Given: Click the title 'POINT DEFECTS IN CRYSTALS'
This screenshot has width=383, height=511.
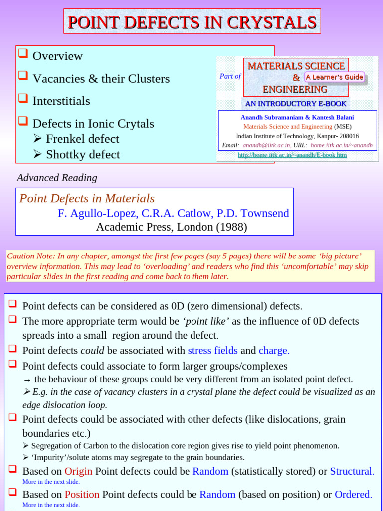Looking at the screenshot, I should [x=192, y=22].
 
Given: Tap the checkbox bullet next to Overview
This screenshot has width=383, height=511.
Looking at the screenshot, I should [x=22, y=54].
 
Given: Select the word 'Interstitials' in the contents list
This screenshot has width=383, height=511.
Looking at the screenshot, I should [x=61, y=101].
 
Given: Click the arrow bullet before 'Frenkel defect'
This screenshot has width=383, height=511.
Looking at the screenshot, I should [x=38, y=139].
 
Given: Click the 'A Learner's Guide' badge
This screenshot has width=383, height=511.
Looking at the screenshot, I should [x=334, y=77].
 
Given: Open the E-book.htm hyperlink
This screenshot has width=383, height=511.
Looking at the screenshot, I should [x=292, y=155].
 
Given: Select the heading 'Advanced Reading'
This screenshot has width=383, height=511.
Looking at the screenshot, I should [x=57, y=178].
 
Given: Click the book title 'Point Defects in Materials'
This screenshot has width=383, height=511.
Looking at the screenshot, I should [x=87, y=198].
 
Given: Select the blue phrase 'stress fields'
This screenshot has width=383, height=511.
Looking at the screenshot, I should [x=212, y=350].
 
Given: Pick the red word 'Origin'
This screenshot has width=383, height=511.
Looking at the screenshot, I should [x=78, y=471].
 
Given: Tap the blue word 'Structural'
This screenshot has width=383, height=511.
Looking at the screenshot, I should [x=351, y=471].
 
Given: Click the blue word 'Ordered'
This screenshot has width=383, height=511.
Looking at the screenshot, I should [x=353, y=494].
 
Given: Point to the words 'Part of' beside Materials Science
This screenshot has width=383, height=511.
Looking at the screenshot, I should [x=230, y=76].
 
